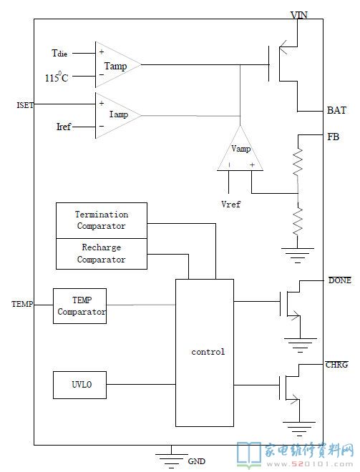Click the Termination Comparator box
102,221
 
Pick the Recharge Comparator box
102,254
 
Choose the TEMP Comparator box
80,306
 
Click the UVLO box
80,385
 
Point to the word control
208,352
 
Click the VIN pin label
299,15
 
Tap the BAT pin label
336,110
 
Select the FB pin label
334,137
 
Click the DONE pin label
340,280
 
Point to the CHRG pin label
336,365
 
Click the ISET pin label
25,105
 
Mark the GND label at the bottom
196,461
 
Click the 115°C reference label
57,77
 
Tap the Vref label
230,204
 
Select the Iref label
64,127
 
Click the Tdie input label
59,54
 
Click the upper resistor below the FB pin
298,162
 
